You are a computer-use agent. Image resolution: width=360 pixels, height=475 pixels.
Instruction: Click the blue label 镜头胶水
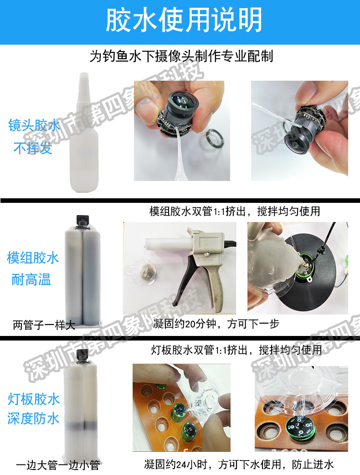pyautogui.click(x=34, y=125)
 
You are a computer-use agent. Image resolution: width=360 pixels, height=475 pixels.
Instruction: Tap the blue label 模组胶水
pyautogui.click(x=33, y=258)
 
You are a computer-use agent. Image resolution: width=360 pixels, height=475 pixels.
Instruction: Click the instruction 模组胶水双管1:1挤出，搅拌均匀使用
pyautogui.click(x=235, y=212)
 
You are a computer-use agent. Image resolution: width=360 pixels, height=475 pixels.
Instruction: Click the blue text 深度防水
pyautogui.click(x=33, y=418)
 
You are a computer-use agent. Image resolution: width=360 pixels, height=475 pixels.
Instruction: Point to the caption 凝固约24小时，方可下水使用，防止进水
pyautogui.click(x=239, y=465)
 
